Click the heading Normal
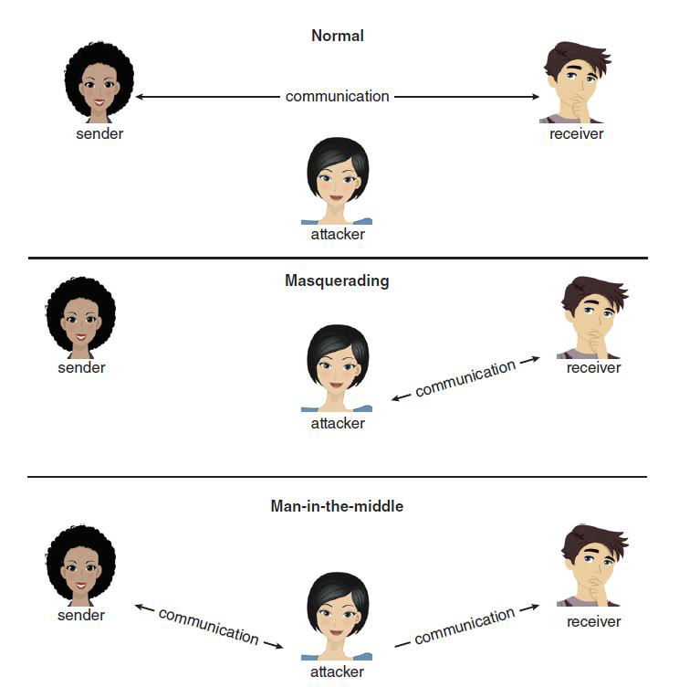point(337,37)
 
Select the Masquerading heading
point(337,280)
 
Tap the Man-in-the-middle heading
point(337,505)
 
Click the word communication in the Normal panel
point(337,96)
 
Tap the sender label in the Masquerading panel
point(81,367)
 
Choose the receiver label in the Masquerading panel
point(593,367)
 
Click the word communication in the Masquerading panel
point(465,378)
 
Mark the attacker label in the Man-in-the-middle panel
point(337,671)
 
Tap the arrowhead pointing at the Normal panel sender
point(140,96)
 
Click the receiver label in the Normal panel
point(576,134)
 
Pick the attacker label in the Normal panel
point(337,234)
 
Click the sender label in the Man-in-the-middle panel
point(81,615)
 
